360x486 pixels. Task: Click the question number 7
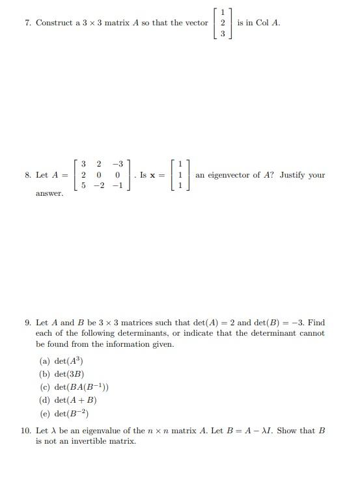[28, 23]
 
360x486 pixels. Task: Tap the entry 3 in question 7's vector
[222, 34]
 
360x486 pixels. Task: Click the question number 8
[28, 175]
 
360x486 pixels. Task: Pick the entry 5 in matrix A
[83, 186]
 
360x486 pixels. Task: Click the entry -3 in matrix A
[117, 163]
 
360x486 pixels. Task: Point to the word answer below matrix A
[49, 193]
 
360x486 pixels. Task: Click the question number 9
[28, 323]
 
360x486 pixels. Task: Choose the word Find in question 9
[316, 323]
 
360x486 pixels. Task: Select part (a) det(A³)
[62, 361]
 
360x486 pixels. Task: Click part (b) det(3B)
[62, 374]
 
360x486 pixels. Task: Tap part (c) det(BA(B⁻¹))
[74, 387]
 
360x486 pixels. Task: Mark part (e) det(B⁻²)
[64, 413]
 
